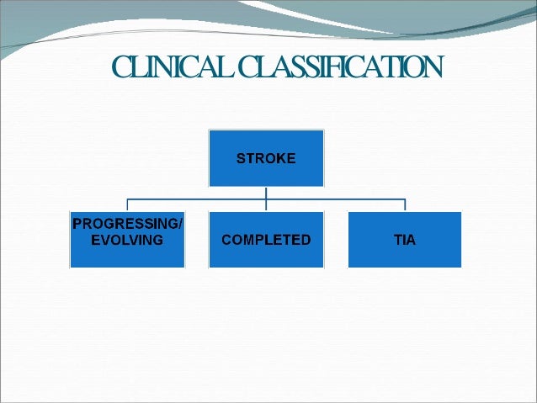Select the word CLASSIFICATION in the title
341,66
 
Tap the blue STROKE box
266,157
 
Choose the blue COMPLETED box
266,240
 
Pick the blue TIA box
405,240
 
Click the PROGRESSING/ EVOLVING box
127,240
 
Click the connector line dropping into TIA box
405,206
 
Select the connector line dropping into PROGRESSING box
127,206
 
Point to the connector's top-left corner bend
127,200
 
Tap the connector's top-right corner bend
405,200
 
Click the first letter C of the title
120,66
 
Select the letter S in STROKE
241,158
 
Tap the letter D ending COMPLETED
306,240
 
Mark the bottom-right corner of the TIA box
460,267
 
